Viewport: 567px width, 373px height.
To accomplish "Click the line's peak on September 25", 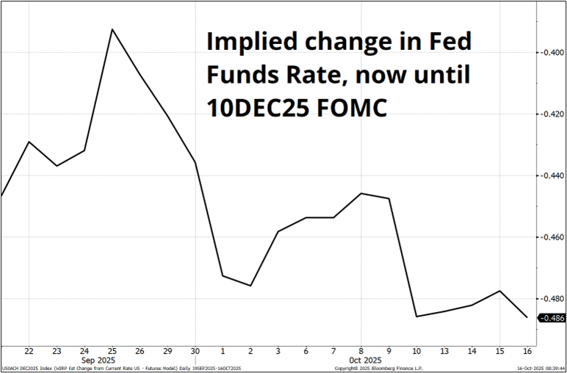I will point(112,29).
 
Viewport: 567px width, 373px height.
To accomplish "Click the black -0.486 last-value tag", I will point(552,318).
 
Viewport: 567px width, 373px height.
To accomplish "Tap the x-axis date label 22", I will point(29,351).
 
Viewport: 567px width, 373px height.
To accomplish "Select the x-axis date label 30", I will point(195,351).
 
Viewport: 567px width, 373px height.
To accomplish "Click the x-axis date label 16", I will point(527,351).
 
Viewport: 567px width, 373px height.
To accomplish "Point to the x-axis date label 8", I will point(361,351).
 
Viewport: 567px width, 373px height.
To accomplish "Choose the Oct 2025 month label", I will point(361,360).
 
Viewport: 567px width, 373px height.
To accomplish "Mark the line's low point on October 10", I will point(417,316).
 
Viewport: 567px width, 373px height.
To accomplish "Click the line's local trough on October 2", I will point(250,286).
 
